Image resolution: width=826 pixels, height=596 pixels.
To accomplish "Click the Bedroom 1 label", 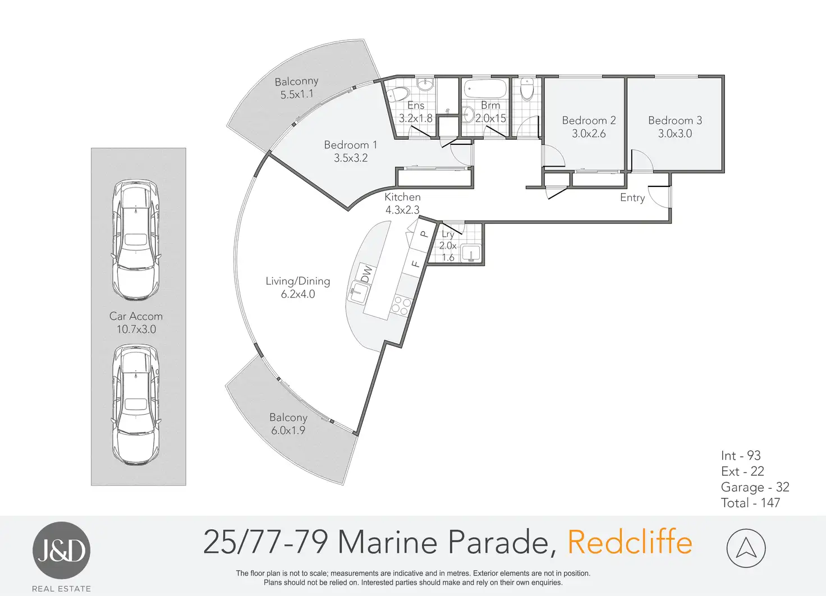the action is click(350, 145).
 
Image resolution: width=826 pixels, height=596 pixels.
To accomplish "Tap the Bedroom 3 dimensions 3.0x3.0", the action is click(675, 134).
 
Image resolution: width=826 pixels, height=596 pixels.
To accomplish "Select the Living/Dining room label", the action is click(297, 281).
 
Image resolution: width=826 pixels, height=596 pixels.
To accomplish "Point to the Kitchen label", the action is click(402, 197).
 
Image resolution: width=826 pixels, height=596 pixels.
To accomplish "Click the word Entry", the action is click(632, 198).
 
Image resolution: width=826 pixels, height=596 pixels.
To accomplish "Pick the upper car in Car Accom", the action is click(136, 240).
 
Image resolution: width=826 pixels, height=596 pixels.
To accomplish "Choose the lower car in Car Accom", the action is click(136, 404).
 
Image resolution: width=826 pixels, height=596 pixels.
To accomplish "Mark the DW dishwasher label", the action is click(366, 274).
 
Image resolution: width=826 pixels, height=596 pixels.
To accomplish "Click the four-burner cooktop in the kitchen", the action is click(401, 305).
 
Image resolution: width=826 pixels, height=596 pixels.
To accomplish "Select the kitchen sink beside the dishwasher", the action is click(357, 292).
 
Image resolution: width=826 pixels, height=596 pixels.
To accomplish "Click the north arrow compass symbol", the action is click(746, 548).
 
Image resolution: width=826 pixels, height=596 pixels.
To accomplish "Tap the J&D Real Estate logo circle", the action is click(61, 551).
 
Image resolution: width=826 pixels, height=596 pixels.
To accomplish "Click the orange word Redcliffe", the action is click(630, 542).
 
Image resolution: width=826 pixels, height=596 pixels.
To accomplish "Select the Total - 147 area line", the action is click(750, 503).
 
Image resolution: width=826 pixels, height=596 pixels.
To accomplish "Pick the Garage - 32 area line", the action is click(755, 487).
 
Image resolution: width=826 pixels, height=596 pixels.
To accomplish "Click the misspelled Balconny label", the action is click(296, 81).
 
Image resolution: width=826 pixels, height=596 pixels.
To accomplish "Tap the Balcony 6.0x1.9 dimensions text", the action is click(288, 430).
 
